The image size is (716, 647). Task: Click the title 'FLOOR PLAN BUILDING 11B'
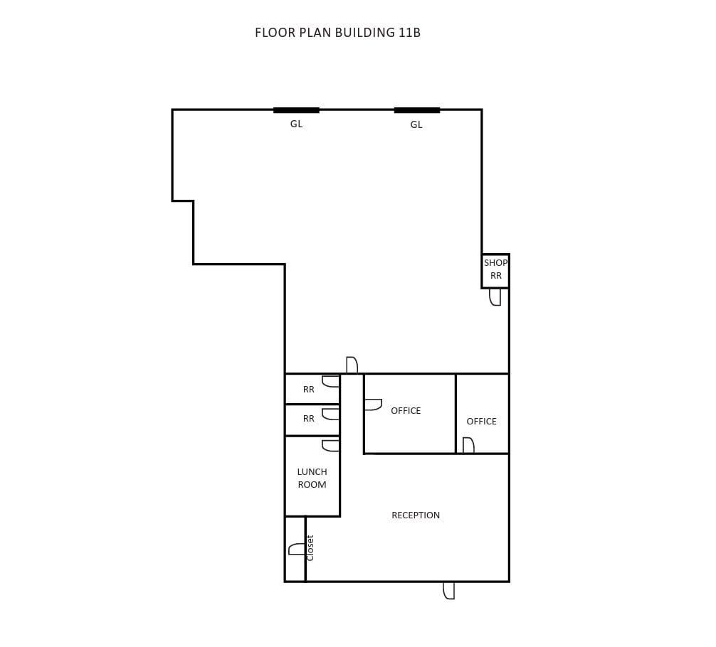click(337, 33)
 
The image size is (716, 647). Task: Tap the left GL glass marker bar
click(296, 110)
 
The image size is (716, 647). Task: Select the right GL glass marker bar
click(416, 110)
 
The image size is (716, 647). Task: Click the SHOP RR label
click(495, 269)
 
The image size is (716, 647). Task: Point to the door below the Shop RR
click(495, 297)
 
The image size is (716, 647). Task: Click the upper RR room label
click(308, 390)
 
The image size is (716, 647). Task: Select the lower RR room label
click(308, 419)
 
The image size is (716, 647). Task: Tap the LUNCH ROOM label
click(312, 478)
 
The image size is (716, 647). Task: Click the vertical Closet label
click(310, 547)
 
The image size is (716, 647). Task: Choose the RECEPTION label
click(416, 515)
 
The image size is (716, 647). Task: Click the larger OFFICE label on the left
click(406, 410)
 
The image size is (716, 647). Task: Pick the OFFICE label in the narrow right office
click(481, 421)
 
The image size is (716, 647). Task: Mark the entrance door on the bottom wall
click(448, 590)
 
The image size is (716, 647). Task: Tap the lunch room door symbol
click(330, 446)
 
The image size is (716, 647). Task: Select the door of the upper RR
click(330, 381)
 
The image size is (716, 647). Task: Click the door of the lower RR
click(330, 414)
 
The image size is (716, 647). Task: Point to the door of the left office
click(373, 405)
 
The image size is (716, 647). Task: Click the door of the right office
click(468, 446)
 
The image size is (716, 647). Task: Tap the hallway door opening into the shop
click(352, 365)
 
